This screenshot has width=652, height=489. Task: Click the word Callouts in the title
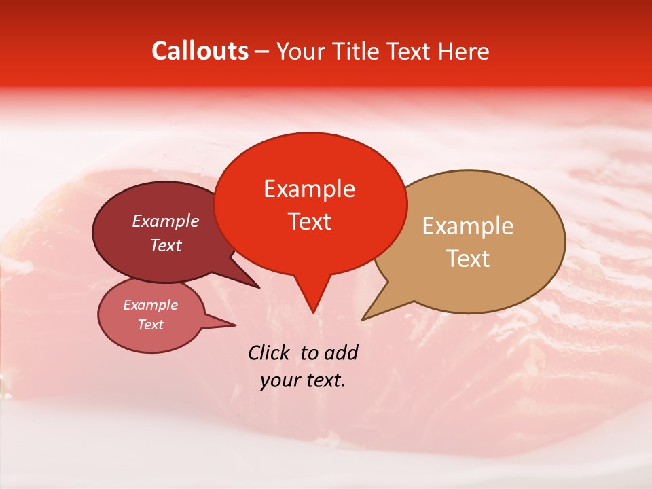[200, 51]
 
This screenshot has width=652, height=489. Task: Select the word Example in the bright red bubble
[309, 189]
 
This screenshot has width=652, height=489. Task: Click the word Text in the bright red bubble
[309, 221]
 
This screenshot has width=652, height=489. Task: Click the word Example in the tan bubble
[468, 226]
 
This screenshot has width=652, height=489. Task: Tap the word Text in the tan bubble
[468, 258]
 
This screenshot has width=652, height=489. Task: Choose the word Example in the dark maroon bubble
[165, 221]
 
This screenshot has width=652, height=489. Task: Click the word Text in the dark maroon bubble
[165, 245]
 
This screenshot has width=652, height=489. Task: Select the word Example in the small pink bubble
[150, 305]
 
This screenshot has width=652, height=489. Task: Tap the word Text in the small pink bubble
[150, 325]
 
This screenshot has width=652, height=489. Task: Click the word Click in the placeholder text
[269, 352]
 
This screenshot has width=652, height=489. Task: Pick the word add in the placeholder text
[340, 352]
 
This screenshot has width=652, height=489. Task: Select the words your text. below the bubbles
[302, 380]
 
